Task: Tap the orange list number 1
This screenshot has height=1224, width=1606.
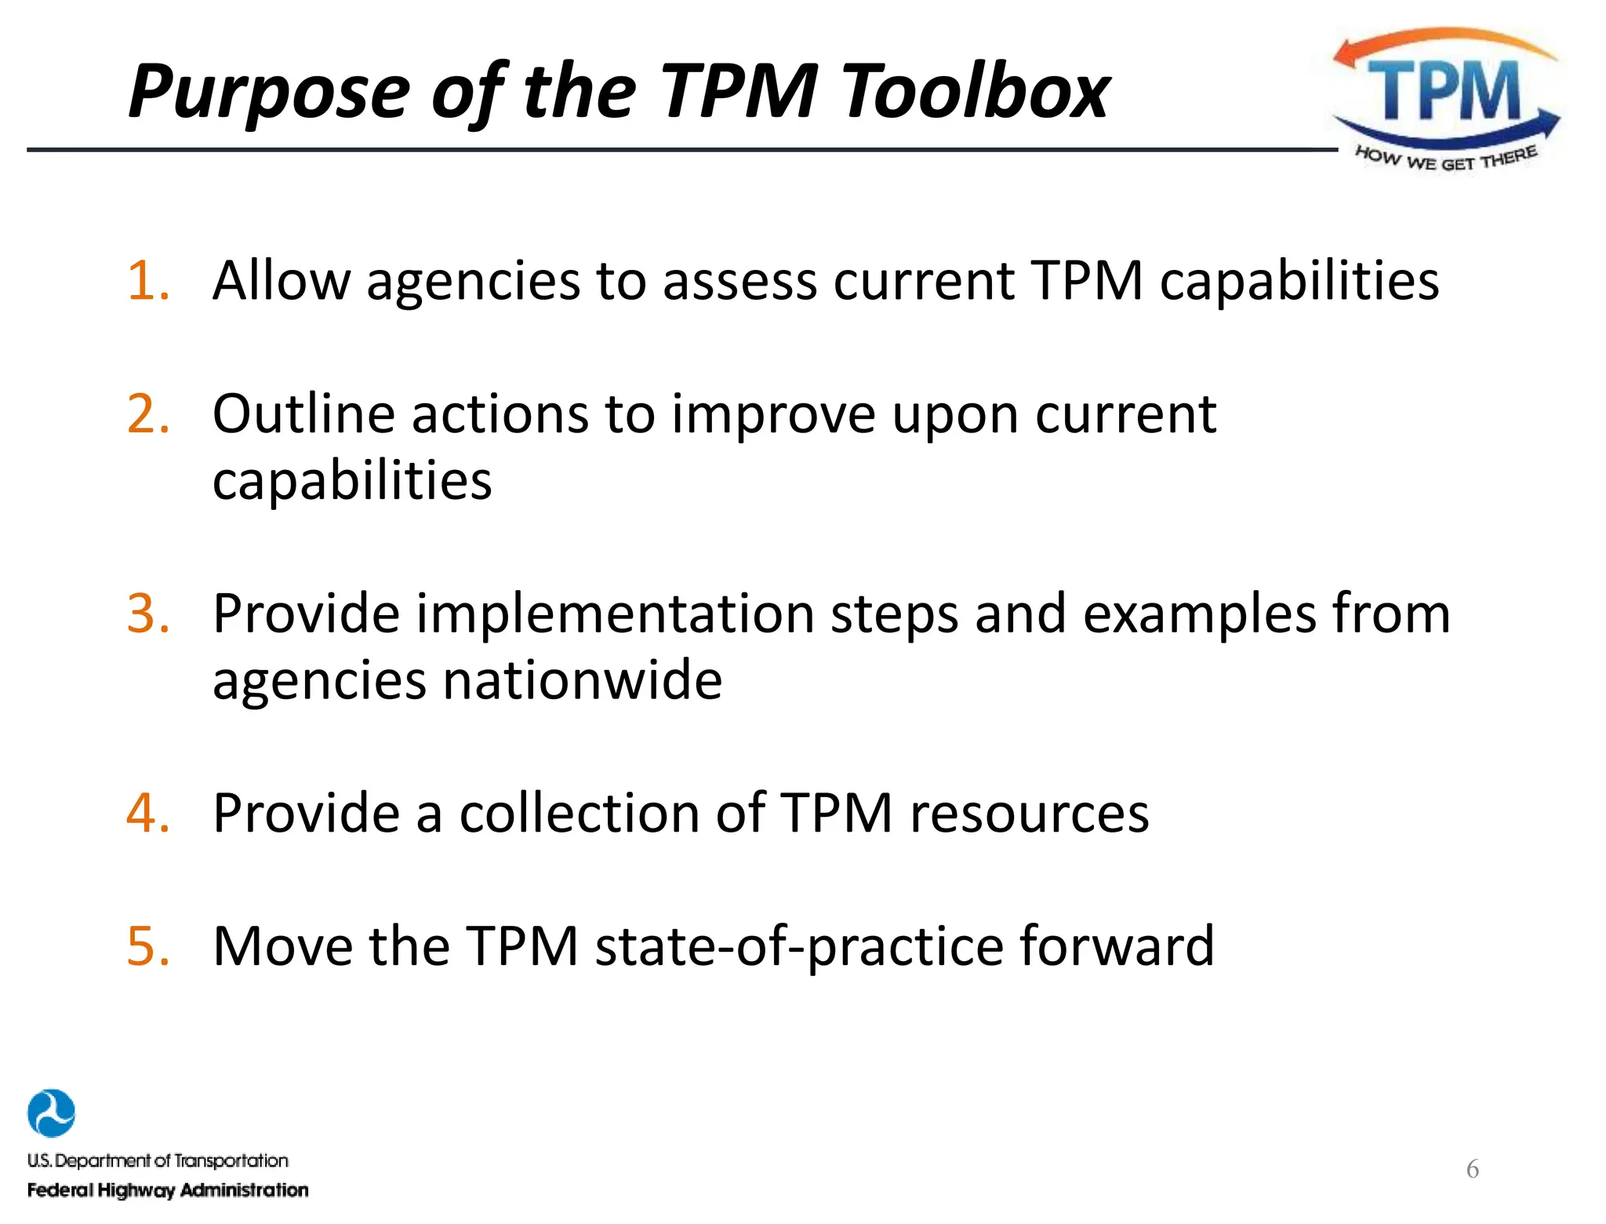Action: [x=148, y=281]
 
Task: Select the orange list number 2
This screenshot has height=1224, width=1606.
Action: [x=148, y=414]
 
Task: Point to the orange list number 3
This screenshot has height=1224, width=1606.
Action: [x=148, y=614]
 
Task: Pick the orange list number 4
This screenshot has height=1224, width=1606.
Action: [x=148, y=813]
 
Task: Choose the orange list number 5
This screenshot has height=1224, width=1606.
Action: [x=148, y=946]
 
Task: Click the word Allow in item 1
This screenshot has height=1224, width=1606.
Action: [x=282, y=281]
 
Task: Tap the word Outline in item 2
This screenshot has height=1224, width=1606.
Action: [x=303, y=414]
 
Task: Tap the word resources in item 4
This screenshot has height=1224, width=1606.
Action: [x=1029, y=813]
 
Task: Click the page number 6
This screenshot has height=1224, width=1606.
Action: [x=1472, y=1169]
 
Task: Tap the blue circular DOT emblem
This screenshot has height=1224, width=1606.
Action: [x=51, y=1113]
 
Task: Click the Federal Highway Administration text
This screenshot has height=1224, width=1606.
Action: [x=168, y=1190]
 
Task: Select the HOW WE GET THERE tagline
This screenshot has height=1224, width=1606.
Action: [x=1445, y=159]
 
